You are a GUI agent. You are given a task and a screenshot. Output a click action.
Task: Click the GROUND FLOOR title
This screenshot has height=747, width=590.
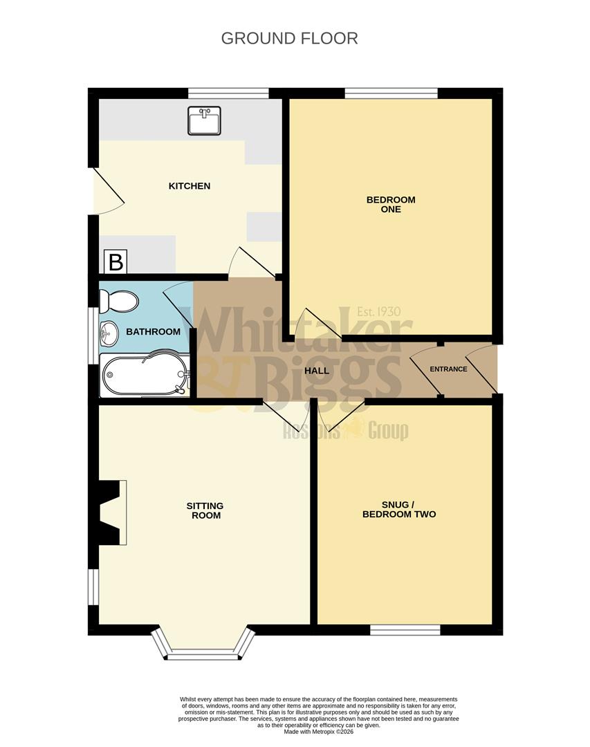pos(289,38)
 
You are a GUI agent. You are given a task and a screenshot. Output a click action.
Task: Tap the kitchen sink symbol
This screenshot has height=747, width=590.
pos(204,120)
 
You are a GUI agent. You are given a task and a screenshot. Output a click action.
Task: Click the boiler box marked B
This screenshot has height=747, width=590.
pos(116,262)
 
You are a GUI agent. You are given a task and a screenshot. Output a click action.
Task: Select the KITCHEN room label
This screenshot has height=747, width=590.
pos(190,186)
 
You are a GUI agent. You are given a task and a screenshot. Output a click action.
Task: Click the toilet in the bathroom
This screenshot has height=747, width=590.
pos(118,302)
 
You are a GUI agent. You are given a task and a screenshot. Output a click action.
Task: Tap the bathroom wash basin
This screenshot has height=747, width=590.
pos(109,333)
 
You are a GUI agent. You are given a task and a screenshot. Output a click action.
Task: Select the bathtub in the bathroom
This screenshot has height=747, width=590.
pos(144,376)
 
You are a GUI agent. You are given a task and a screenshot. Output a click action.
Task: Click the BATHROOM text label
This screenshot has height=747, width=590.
pos(153,332)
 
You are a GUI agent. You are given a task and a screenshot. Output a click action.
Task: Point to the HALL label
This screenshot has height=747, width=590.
pos(317,370)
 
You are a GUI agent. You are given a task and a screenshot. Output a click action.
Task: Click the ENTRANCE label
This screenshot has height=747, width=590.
pos(448,369)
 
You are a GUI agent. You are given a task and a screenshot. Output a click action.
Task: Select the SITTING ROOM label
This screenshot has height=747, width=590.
pos(205,510)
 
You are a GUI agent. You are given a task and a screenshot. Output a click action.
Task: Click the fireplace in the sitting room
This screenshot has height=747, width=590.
pos(111,513)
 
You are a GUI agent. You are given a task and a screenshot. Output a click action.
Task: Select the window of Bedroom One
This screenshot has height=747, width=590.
pos(391,93)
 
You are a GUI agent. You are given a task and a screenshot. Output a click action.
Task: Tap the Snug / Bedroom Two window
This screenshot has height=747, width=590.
pos(405,629)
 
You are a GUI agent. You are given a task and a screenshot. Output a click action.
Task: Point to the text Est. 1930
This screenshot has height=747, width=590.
pos(378,312)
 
